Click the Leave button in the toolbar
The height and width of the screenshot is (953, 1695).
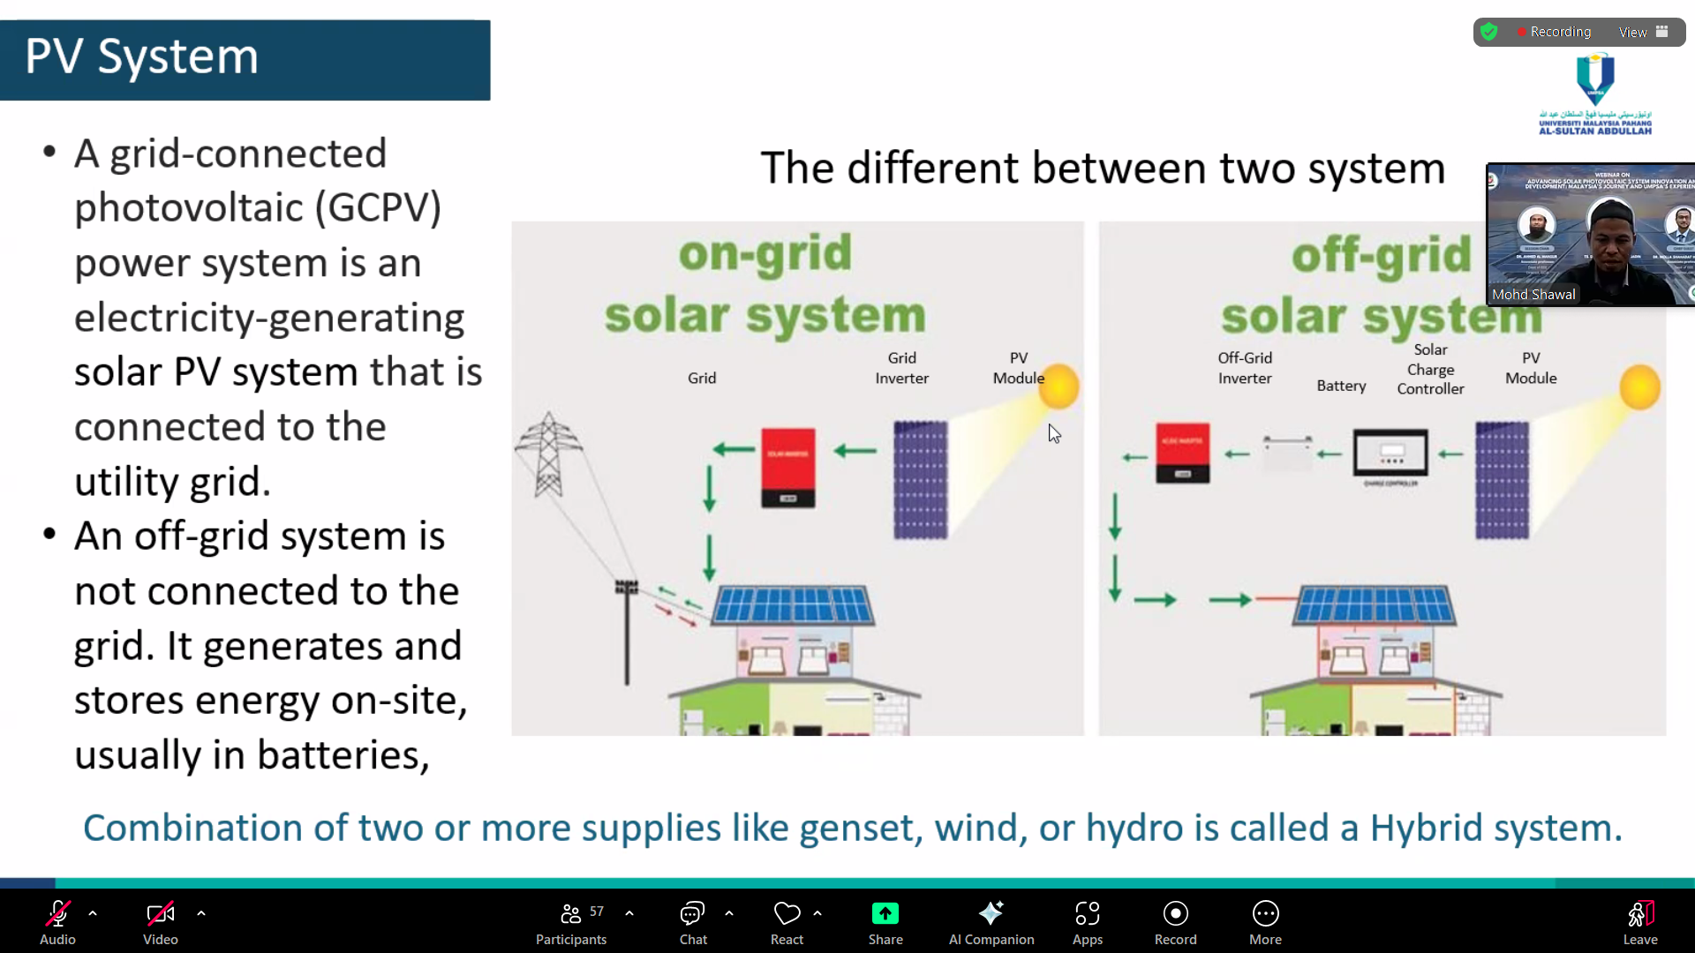(1639, 921)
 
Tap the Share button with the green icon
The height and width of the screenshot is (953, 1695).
(885, 921)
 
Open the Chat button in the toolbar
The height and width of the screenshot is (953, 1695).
(693, 921)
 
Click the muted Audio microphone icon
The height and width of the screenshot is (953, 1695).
(57, 914)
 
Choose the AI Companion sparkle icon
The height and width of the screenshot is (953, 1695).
(991, 914)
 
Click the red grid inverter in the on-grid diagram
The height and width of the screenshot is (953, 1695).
(787, 467)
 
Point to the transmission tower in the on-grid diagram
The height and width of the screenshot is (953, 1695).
(548, 454)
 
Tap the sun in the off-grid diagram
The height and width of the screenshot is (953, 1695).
(1639, 387)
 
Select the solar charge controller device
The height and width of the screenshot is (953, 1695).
(1390, 454)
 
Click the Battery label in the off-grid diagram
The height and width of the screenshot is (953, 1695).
(1341, 386)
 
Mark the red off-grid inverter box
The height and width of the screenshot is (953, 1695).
(1182, 453)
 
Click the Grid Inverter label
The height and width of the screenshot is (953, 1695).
(901, 368)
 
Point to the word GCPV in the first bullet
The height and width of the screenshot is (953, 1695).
(384, 208)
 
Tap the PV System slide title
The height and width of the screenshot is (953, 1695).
(141, 57)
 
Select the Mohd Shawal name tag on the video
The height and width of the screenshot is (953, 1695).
(1533, 295)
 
